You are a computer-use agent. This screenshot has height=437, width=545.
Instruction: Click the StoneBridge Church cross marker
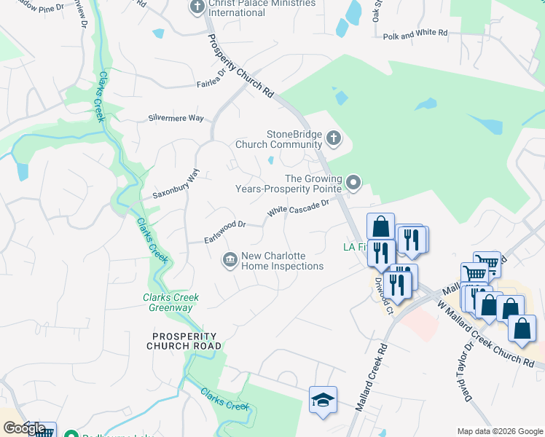pyautogui.click(x=333, y=138)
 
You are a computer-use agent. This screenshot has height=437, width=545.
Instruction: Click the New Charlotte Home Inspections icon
pyautogui.click(x=230, y=260)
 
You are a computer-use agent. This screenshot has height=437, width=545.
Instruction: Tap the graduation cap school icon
pyautogui.click(x=323, y=400)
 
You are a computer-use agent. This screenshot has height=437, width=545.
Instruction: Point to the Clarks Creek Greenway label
pyautogui.click(x=170, y=302)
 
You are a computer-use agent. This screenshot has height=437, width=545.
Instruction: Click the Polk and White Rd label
pyautogui.click(x=415, y=34)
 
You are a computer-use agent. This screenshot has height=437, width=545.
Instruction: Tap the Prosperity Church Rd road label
pyautogui.click(x=240, y=66)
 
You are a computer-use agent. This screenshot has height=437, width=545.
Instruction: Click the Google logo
pyautogui.click(x=23, y=428)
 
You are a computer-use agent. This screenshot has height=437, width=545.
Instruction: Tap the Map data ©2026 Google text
pyautogui.click(x=500, y=431)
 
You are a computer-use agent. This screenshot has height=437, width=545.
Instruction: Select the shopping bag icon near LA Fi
pyautogui.click(x=380, y=226)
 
